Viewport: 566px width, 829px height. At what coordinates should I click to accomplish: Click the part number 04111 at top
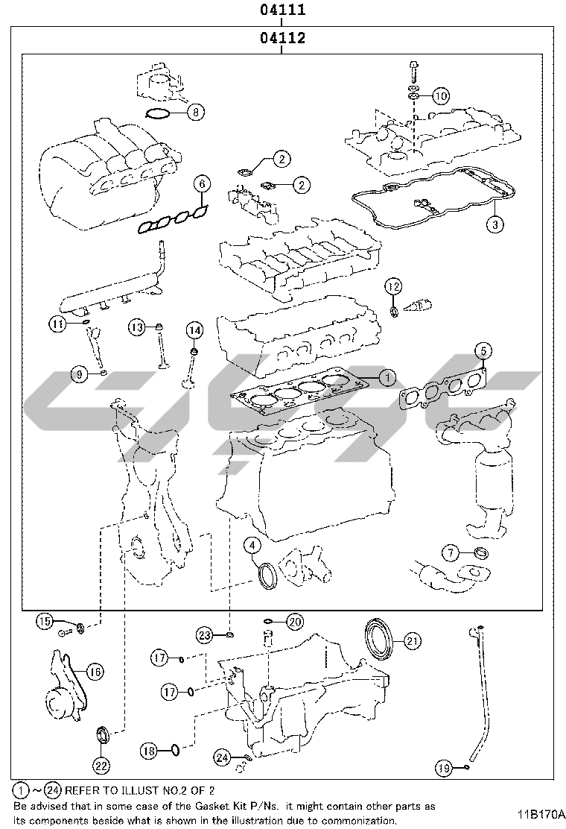tap(283, 11)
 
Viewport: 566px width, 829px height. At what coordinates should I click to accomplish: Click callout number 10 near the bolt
tap(440, 95)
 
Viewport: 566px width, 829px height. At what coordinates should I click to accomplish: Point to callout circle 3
tap(495, 223)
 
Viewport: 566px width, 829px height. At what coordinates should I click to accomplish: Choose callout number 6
tap(202, 183)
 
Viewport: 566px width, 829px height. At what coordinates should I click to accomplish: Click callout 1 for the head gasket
tap(386, 378)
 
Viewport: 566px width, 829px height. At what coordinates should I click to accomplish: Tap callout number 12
tap(393, 286)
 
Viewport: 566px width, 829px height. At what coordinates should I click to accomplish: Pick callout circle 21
tap(412, 640)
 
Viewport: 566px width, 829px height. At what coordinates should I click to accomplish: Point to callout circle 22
tap(102, 764)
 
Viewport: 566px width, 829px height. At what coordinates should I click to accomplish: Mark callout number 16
tap(94, 671)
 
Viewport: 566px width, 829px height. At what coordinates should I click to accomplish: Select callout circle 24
tap(221, 757)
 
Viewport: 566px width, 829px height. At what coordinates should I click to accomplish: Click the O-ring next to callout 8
tap(157, 113)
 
